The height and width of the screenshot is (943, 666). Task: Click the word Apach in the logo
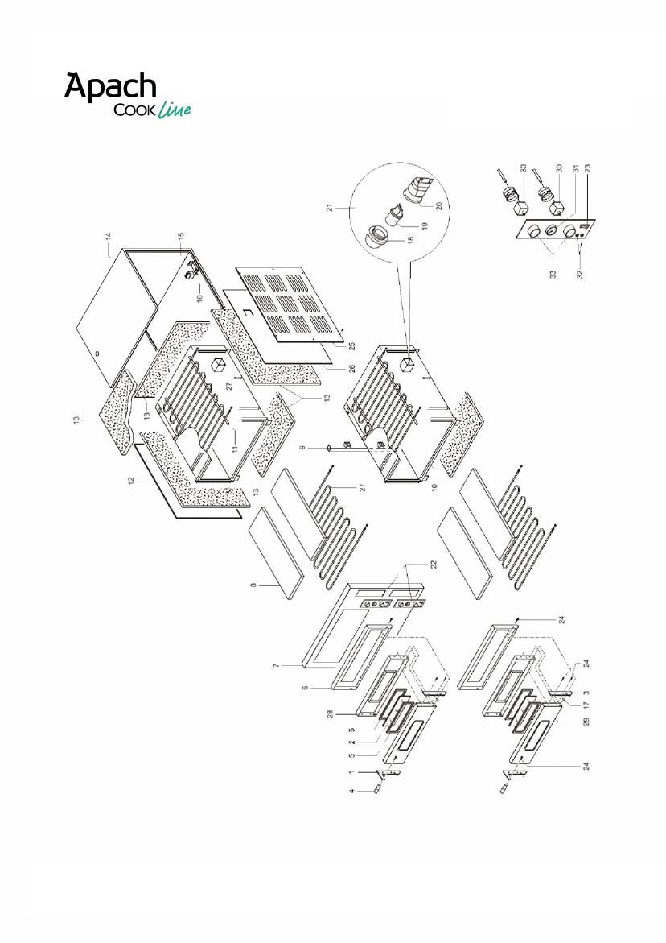110,87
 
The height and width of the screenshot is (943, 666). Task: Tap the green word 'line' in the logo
175,110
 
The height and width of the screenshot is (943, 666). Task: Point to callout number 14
109,236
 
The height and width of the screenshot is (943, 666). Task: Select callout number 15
181,236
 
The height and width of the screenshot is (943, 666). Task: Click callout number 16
200,296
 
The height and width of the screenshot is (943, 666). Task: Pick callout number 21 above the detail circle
330,208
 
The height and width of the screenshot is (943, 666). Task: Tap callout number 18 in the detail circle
411,238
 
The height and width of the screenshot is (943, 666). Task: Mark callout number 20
439,205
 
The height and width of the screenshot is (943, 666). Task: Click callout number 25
352,346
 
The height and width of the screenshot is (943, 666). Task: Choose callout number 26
352,368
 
